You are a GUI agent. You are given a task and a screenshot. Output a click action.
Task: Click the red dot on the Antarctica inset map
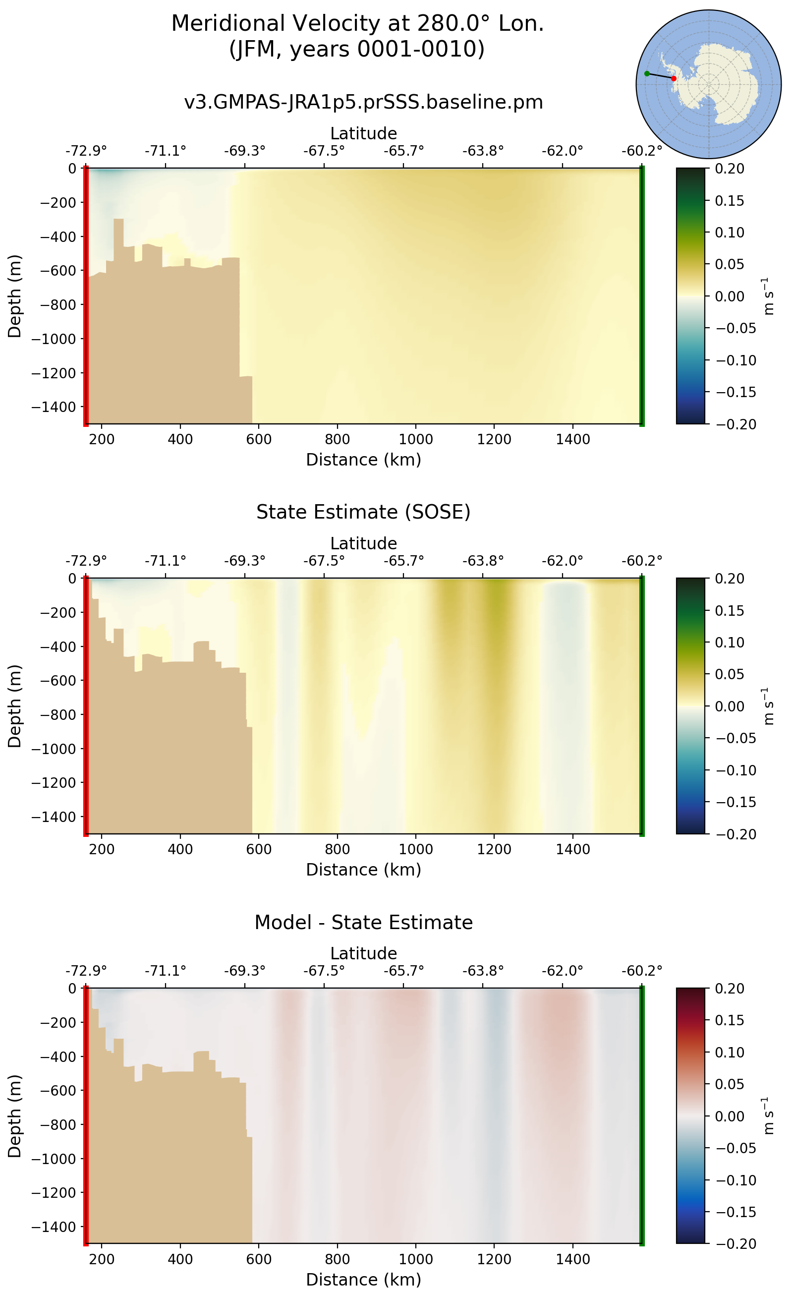[674, 79]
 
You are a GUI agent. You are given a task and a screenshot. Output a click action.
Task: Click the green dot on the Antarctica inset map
[647, 73]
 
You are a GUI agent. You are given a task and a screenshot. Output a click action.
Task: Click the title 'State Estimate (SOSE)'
[363, 512]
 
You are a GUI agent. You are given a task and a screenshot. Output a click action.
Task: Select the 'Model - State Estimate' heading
[363, 922]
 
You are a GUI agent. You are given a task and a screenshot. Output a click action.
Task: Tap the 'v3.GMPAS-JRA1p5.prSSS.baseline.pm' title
[363, 102]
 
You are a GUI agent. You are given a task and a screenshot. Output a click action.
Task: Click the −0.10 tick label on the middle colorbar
[736, 770]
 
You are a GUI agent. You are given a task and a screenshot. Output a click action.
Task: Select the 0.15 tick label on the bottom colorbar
[729, 1020]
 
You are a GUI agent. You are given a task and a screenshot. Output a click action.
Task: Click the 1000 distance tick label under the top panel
[415, 440]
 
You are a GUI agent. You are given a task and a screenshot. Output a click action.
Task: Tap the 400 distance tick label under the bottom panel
[180, 1259]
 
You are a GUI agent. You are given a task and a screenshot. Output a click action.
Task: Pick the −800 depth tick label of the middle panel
[54, 714]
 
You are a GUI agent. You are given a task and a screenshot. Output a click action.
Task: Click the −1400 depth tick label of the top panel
[54, 407]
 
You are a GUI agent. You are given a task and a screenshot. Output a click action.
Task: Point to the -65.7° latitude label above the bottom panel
[403, 971]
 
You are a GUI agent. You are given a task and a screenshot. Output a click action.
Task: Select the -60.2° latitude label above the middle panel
[641, 561]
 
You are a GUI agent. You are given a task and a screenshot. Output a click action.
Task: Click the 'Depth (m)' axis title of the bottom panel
[15, 1116]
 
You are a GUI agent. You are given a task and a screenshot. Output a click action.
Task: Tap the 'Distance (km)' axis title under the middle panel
[363, 870]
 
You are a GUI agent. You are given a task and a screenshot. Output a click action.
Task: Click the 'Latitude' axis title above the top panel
[363, 133]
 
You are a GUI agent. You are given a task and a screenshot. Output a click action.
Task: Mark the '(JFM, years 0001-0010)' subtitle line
[357, 49]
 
